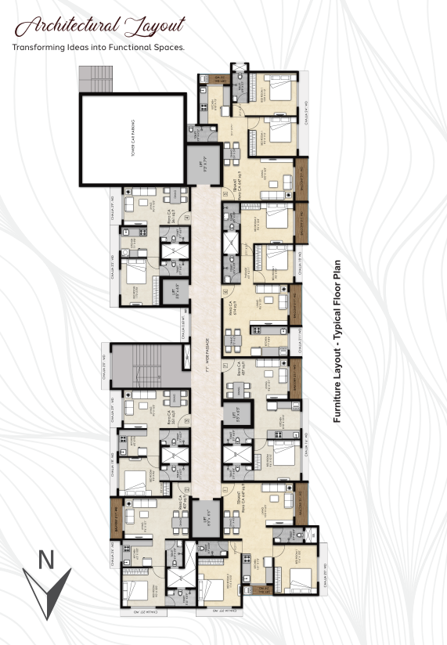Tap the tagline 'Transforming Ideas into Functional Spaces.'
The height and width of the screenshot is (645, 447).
[x=99, y=47]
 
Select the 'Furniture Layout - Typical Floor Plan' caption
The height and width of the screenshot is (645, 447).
[x=338, y=341]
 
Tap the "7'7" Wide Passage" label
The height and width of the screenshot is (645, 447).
[x=206, y=344]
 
